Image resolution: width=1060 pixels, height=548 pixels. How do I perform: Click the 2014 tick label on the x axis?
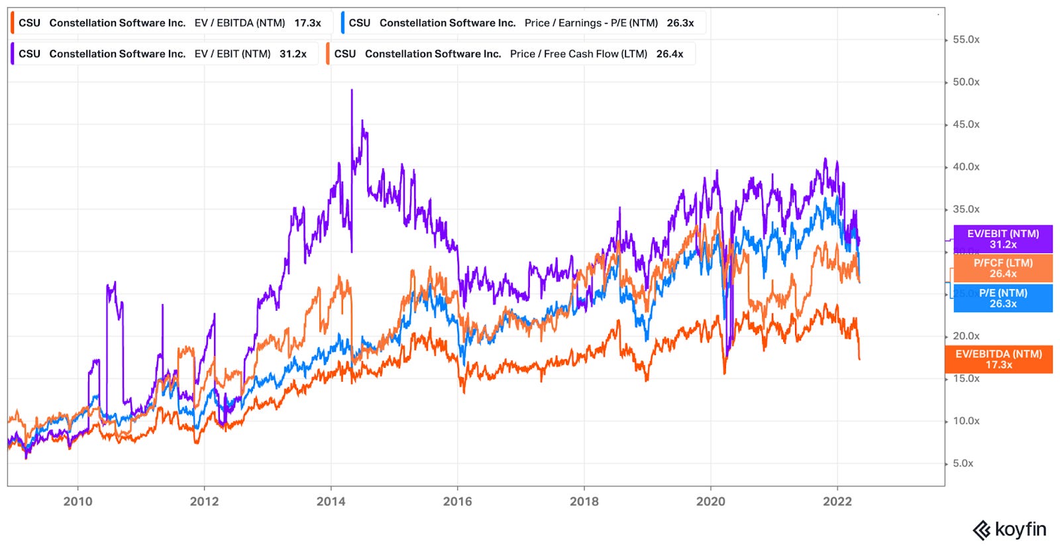331,502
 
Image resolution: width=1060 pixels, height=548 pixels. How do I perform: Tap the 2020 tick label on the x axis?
710,502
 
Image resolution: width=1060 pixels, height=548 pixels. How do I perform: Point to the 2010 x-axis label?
78,502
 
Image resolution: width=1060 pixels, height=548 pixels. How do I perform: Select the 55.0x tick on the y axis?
965,40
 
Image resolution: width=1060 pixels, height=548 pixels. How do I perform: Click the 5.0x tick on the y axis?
963,463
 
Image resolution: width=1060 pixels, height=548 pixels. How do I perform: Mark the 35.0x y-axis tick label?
965,209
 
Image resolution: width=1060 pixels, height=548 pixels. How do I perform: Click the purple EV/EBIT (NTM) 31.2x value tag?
1002,239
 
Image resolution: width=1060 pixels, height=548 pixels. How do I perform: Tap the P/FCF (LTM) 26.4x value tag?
1002,268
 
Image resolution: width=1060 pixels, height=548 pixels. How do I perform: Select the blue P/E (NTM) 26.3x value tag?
1002,298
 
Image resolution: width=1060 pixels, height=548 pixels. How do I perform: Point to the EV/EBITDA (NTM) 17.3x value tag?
998,359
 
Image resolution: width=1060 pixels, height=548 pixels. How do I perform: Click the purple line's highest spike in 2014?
352,91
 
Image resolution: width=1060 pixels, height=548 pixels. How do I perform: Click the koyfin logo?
1009,529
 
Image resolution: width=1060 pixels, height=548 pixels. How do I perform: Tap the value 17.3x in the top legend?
307,23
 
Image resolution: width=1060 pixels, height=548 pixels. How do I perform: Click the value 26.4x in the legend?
670,54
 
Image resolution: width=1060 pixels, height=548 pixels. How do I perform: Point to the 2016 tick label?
457,502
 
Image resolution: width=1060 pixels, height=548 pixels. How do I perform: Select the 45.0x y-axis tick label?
965,125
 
